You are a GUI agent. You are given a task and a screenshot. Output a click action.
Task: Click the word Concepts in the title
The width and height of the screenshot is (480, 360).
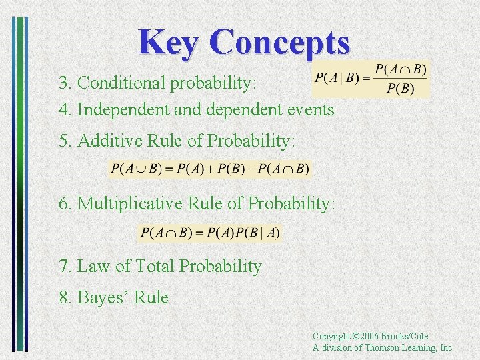click(279, 42)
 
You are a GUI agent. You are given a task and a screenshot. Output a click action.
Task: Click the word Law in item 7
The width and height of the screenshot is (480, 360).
click(94, 266)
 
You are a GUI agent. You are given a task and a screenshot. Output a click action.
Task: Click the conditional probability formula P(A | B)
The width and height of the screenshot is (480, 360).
click(371, 79)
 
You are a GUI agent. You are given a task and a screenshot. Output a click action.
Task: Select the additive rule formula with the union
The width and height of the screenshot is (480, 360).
click(210, 169)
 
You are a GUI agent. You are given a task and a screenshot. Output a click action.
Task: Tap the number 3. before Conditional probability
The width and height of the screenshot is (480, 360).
click(65, 83)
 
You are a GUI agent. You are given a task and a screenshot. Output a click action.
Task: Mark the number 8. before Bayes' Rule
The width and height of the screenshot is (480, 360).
click(65, 297)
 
